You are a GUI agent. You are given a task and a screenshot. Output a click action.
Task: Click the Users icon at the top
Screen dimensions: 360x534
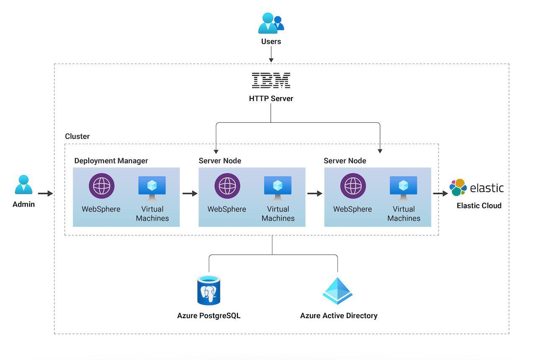click(x=271, y=23)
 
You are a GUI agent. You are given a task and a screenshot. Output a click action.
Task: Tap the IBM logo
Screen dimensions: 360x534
click(x=271, y=80)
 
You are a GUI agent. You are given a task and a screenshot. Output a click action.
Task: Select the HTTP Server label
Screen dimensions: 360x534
click(x=271, y=99)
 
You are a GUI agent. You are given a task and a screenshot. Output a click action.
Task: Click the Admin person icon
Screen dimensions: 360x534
click(x=23, y=185)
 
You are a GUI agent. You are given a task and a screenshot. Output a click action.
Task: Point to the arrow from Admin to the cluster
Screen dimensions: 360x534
click(x=45, y=193)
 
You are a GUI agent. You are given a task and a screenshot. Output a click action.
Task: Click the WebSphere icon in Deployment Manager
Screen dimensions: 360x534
click(x=101, y=186)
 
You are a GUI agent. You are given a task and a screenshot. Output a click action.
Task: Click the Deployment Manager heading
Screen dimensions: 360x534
click(x=111, y=161)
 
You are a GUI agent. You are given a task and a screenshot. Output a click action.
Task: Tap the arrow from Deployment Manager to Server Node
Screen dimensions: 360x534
click(x=190, y=193)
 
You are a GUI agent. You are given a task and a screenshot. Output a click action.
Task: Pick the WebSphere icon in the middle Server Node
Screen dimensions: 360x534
click(x=227, y=186)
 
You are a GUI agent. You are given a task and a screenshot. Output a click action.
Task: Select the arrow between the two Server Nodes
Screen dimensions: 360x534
click(x=315, y=193)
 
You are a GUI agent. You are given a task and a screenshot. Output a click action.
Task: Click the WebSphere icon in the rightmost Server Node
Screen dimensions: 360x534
click(x=353, y=186)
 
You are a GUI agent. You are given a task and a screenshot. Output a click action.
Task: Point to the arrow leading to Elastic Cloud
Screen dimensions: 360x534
click(x=440, y=193)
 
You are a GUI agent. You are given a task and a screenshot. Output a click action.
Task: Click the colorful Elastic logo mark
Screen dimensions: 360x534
click(x=458, y=188)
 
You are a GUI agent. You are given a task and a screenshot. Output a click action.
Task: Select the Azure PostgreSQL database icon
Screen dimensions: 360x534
click(x=209, y=290)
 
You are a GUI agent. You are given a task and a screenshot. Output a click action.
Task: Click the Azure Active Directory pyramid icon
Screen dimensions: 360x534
click(x=338, y=291)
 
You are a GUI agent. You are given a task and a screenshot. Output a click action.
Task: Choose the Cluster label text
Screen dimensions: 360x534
click(x=77, y=136)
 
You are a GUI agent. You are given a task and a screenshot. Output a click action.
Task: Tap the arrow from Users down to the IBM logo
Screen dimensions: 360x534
click(x=271, y=54)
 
